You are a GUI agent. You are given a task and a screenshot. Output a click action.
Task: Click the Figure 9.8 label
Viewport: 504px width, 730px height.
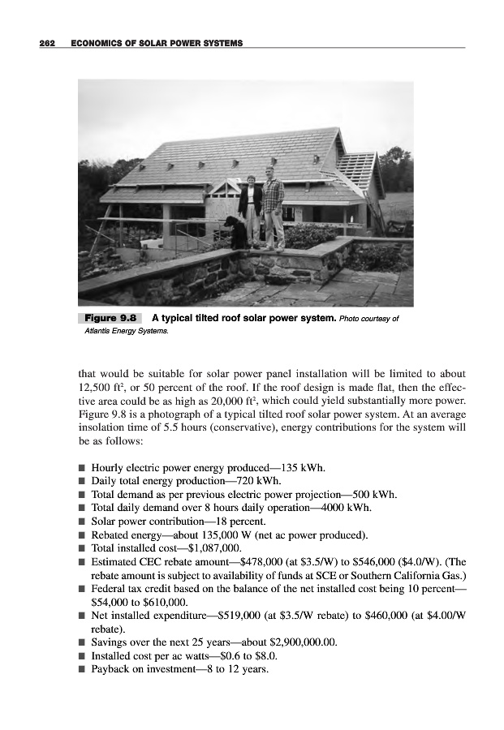click(109, 317)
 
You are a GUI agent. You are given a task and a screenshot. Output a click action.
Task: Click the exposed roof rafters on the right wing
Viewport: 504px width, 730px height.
click(355, 170)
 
